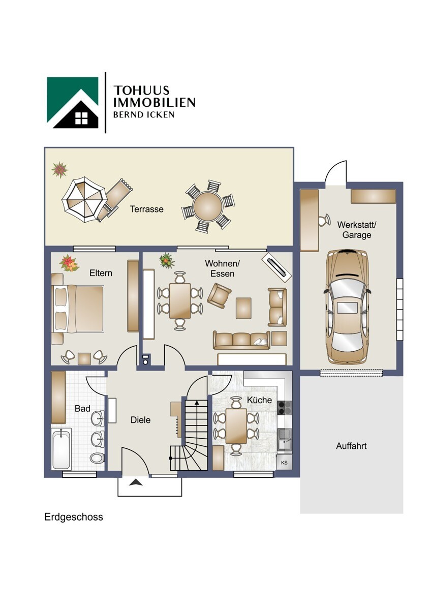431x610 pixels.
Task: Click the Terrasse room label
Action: pos(146,209)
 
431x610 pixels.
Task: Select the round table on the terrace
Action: pos(208,206)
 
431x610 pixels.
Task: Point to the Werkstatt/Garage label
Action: pos(356,230)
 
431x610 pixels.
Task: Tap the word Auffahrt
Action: pos(351,446)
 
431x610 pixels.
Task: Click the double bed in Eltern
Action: pos(78,309)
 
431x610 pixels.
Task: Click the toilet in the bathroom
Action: pos(97,458)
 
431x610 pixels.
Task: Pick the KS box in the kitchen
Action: pos(284,463)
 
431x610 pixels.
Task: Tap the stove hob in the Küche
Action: pos(284,408)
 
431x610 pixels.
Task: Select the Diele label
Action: pos(140,420)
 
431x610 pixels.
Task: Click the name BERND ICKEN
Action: pos(143,114)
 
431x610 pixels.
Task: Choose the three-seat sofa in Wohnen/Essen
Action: pos(241,340)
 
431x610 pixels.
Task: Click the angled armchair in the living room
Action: pos(219,296)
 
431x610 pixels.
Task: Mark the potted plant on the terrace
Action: pos(59,169)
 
